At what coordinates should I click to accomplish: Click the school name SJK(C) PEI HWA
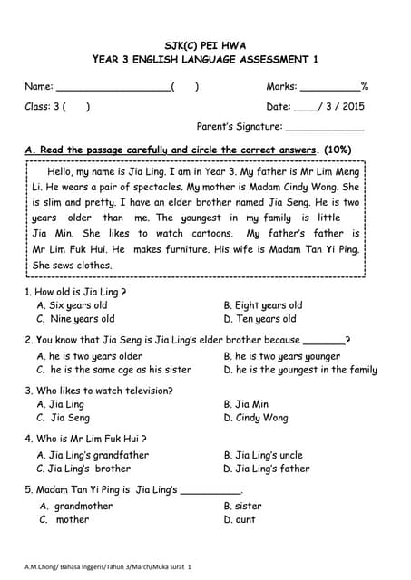pos(205,44)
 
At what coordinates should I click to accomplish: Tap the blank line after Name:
pos(113,89)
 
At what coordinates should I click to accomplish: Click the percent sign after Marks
pos(364,87)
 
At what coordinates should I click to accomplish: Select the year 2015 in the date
pos(352,107)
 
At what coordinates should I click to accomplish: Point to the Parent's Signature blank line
pos(324,129)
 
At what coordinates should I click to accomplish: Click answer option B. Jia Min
pos(246,404)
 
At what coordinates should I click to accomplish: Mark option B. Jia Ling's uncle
pos(263,455)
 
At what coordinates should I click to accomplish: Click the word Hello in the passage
pos(62,171)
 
